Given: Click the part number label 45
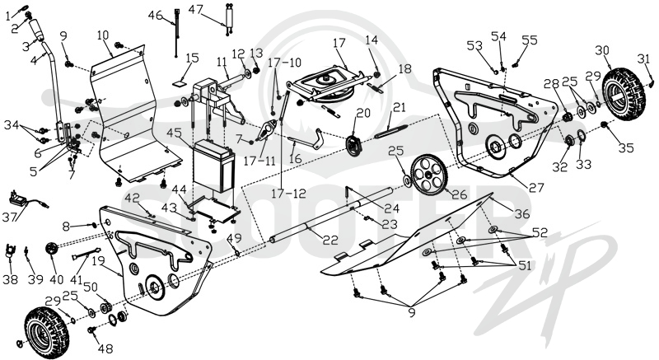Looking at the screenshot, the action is (x=174, y=133).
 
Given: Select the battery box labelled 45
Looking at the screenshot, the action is (x=213, y=166).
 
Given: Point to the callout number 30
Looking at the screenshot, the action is (x=602, y=50).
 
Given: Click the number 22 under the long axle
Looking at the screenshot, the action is (x=330, y=240).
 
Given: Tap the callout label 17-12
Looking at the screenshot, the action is (x=288, y=194).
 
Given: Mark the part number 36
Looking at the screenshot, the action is (x=522, y=214).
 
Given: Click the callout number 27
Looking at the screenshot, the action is (x=536, y=187).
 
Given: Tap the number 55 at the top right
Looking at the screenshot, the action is (x=530, y=40).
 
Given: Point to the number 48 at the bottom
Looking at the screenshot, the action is (x=105, y=348).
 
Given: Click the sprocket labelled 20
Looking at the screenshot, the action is (x=354, y=145).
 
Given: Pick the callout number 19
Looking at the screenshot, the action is (x=98, y=261).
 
